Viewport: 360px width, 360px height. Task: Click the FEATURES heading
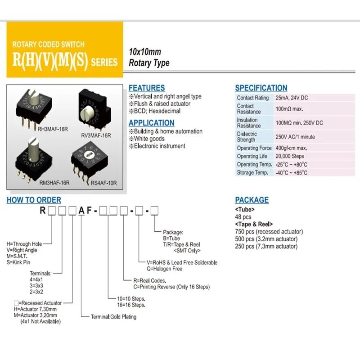coord(147,88)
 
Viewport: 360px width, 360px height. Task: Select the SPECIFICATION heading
coord(261,88)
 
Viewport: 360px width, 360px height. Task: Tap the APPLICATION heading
coord(151,123)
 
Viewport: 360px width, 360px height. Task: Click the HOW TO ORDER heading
coord(34,200)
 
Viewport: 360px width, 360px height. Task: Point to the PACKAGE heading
coord(252,200)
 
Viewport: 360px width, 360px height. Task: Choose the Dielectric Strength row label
coord(247,136)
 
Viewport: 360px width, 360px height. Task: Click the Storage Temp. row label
coord(252,173)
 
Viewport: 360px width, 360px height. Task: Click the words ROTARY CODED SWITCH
coord(48,45)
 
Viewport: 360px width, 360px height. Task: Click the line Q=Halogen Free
coord(165,269)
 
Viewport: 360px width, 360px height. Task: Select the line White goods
coord(149,139)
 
